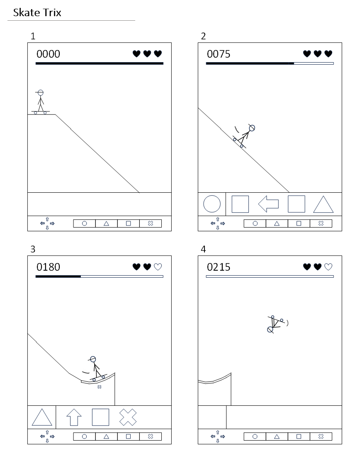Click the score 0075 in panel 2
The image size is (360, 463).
click(219, 54)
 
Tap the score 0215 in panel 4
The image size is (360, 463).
click(219, 267)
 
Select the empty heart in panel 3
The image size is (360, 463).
click(158, 267)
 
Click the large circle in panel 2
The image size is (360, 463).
click(212, 204)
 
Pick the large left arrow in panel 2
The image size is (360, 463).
click(268, 204)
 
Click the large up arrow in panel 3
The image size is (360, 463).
click(74, 417)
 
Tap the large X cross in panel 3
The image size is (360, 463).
click(128, 417)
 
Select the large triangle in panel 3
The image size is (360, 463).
click(42, 417)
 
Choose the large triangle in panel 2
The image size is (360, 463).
click(324, 204)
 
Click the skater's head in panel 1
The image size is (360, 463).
click(41, 93)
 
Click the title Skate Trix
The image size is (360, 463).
click(37, 12)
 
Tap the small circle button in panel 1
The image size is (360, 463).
click(85, 223)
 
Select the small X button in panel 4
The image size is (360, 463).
click(321, 436)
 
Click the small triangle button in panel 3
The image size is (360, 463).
click(107, 436)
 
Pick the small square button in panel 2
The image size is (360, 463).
click(299, 223)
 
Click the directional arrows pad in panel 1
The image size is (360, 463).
click(47, 223)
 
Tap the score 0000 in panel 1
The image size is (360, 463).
click(48, 54)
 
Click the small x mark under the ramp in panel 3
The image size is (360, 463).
click(99, 387)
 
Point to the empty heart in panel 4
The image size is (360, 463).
click(328, 267)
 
